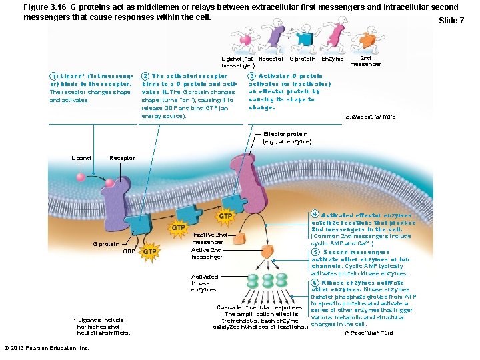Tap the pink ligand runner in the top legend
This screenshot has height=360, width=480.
point(246,40)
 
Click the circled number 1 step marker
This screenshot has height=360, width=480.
point(53,77)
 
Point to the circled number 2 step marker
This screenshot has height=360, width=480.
point(145,77)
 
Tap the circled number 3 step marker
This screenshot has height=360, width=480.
point(252,77)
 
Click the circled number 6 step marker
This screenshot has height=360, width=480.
point(315,283)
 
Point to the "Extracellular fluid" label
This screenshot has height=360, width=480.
point(370,117)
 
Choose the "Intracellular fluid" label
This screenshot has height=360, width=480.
point(369,332)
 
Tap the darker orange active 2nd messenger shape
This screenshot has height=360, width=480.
point(267,251)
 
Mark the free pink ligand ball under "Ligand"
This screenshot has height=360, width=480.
point(81,178)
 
